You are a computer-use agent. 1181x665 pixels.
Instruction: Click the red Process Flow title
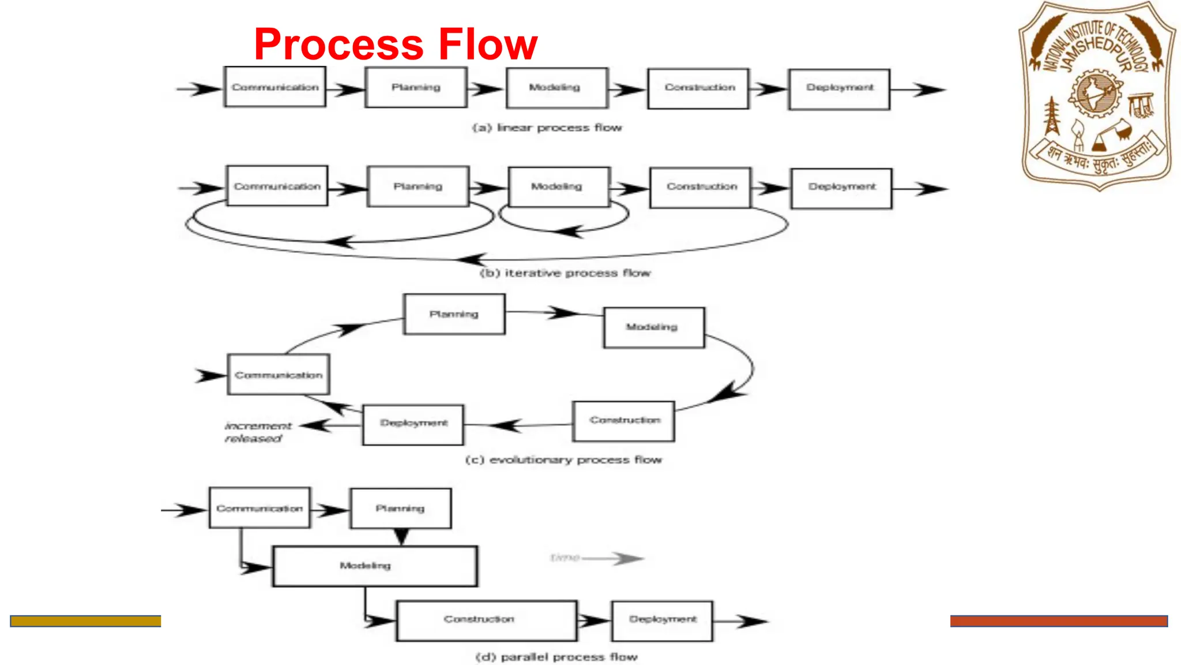(x=396, y=44)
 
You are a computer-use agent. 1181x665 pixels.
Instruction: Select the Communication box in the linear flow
(x=275, y=87)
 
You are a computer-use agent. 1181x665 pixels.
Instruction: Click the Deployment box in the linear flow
(x=840, y=89)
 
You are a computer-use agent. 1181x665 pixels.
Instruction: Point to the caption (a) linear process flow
(x=547, y=128)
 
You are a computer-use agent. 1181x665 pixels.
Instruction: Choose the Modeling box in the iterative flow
(x=558, y=187)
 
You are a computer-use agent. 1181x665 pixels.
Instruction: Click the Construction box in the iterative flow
(x=701, y=188)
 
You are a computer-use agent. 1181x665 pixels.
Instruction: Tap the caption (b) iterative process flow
(x=565, y=273)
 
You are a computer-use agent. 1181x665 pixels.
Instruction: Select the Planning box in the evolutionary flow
(x=454, y=315)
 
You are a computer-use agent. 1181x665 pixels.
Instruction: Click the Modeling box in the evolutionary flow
(x=653, y=327)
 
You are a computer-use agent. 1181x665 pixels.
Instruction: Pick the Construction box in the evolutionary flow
(x=624, y=421)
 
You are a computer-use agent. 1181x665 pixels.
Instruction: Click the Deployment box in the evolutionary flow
(x=413, y=424)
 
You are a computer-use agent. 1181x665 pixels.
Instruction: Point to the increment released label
(x=257, y=432)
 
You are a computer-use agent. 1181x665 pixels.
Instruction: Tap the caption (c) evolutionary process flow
(x=563, y=460)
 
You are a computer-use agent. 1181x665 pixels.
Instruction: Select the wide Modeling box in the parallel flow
(x=375, y=566)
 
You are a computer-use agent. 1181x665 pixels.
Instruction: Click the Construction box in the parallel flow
(x=486, y=621)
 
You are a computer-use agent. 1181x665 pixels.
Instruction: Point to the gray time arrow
(x=597, y=558)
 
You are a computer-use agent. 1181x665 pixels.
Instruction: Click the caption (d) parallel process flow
(x=556, y=657)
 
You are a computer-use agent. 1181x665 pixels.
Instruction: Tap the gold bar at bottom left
(x=85, y=621)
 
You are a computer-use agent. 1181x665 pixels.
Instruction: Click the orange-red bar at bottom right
(x=1059, y=621)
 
